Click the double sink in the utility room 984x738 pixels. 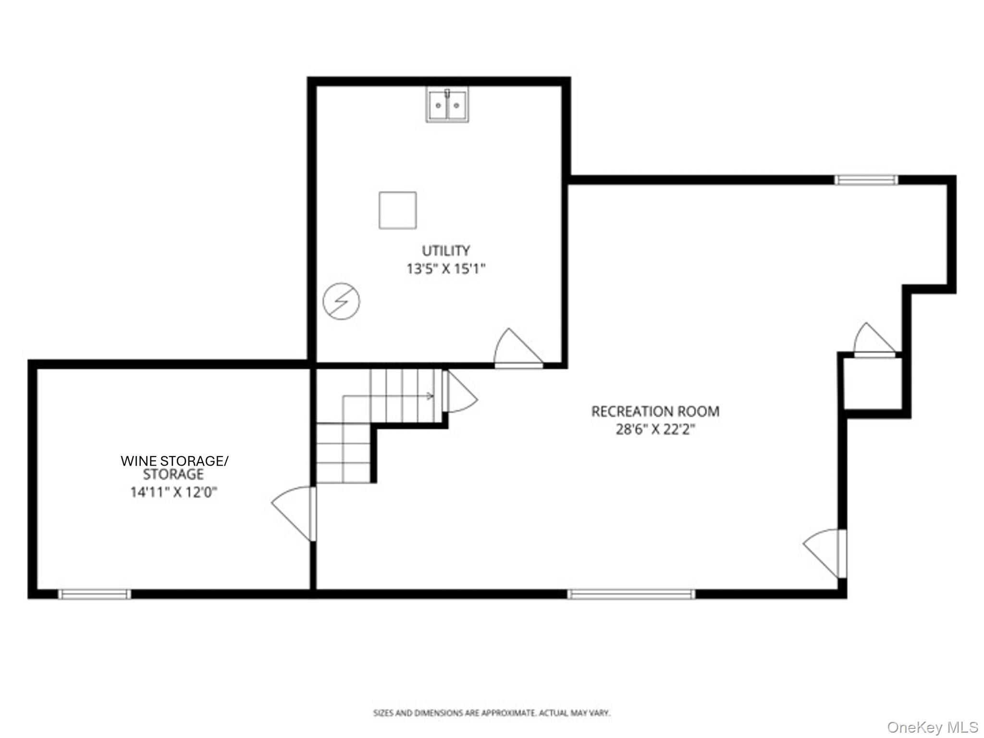pos(447,105)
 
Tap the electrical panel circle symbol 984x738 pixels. pos(342,301)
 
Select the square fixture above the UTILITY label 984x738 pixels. pos(397,210)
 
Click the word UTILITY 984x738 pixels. pos(445,250)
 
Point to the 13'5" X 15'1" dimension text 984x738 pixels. pos(446,269)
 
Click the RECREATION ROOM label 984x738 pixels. pos(655,411)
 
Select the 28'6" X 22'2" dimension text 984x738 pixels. pos(655,429)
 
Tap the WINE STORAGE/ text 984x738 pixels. pos(174,461)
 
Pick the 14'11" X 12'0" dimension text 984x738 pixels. pos(174,492)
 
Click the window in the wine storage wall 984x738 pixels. pos(94,594)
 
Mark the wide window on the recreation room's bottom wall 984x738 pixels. pos(631,594)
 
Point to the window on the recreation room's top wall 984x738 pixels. pos(866,180)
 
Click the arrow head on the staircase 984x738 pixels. pos(430,396)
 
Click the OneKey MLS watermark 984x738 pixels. pos(933,726)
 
